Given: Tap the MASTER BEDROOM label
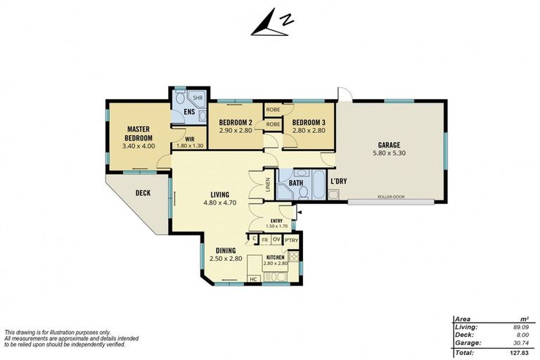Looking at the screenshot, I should (139, 134).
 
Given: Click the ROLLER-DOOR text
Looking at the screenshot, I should (390, 198).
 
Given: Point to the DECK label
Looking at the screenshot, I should (143, 193).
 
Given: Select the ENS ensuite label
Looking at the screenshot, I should (189, 112).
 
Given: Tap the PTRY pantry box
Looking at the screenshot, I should (291, 240).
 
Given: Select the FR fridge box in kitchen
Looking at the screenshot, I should (264, 240).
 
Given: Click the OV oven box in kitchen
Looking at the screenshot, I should (276, 240).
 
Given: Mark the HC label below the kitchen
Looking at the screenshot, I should (254, 279).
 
